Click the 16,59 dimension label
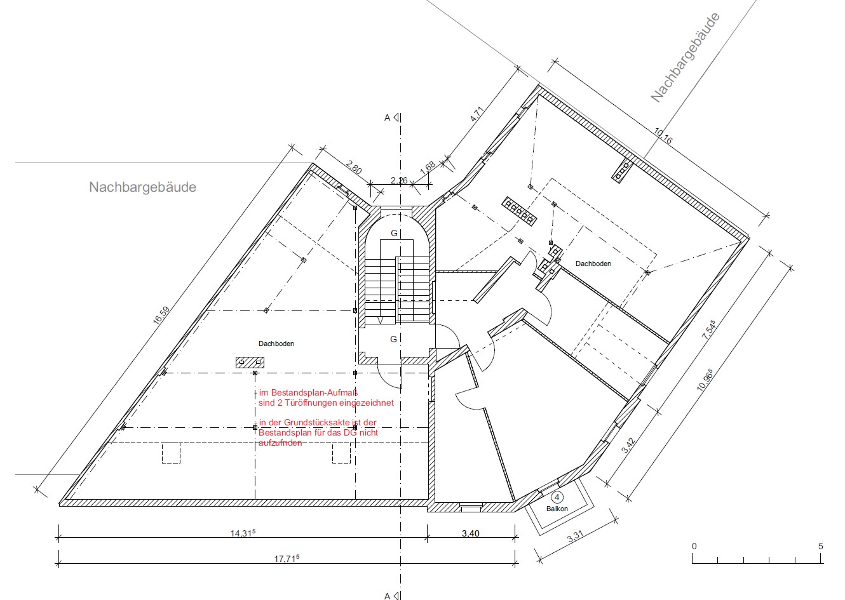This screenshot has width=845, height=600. tap(161, 315)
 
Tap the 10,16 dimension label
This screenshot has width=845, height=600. tap(663, 136)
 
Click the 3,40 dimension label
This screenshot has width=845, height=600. tap(470, 533)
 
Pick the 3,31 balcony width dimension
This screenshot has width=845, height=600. tap(575, 536)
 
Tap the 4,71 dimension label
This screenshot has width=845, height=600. tap(477, 114)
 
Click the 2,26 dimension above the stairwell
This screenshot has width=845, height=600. tap(399, 180)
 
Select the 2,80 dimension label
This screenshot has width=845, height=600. tap(353, 168)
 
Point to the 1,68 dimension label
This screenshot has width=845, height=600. tap(428, 167)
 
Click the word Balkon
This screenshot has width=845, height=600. tap(557, 509)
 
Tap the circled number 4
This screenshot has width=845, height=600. tap(557, 498)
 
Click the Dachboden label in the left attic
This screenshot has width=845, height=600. tap(276, 343)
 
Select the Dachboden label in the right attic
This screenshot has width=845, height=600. tap(593, 263)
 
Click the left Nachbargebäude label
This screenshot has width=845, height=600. tap(142, 187)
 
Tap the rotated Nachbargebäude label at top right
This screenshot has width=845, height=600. tap(685, 57)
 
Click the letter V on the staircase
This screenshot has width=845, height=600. tap(381, 321)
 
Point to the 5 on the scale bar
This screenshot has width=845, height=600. tap(820, 546)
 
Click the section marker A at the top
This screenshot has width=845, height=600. tap(387, 117)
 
